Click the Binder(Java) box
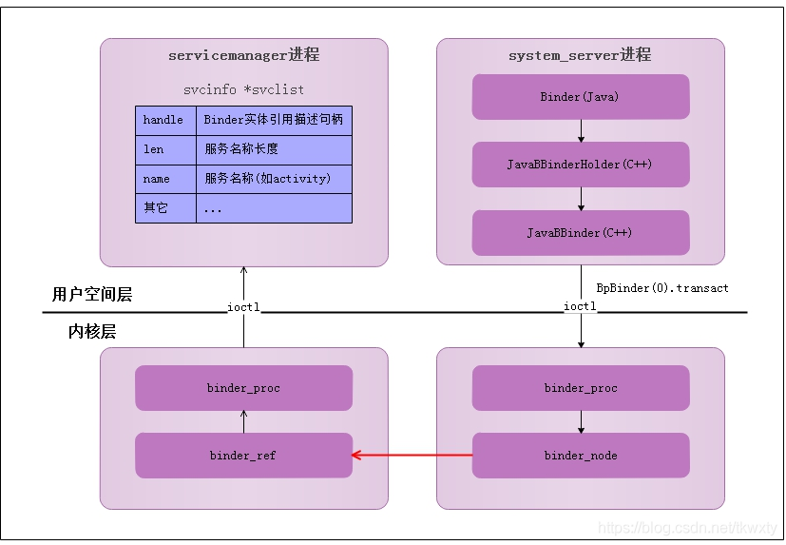tap(580, 97)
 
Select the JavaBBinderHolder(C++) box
tap(580, 165)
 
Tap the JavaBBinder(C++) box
tap(580, 233)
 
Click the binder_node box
tap(580, 456)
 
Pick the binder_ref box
tap(243, 456)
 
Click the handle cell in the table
tap(165, 121)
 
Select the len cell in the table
tap(165, 149)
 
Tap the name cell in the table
tap(165, 179)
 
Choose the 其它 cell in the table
tap(165, 207)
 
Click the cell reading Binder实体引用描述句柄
tap(274, 121)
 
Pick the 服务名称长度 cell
tap(274, 149)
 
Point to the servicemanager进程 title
tap(243, 55)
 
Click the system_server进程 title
tap(580, 55)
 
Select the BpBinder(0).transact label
tap(662, 287)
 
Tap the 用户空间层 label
tap(92, 295)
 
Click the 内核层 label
tap(92, 332)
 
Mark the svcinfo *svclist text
tap(243, 89)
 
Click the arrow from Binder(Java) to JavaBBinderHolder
tap(581, 130)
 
